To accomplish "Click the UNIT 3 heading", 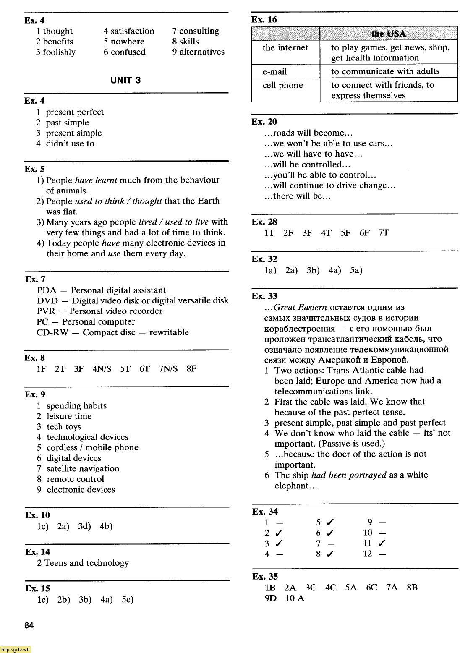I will point(125,80).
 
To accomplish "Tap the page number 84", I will point(29,626).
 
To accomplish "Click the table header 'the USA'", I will point(388,33).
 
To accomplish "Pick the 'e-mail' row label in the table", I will point(275,71).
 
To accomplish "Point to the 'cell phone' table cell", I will point(282,85).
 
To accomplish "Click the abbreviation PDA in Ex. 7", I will point(47,290).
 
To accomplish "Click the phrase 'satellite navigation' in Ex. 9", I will point(83,468).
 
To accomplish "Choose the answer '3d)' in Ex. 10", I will point(84,526).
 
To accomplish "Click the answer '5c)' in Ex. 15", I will point(128,599).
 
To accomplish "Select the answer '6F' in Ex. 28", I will point(364,233).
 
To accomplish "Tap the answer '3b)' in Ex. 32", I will point(313,270).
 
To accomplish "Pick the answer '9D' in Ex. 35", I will point(271,598).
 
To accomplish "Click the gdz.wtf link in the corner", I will point(16,650).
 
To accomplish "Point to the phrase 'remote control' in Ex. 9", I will point(75,479).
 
